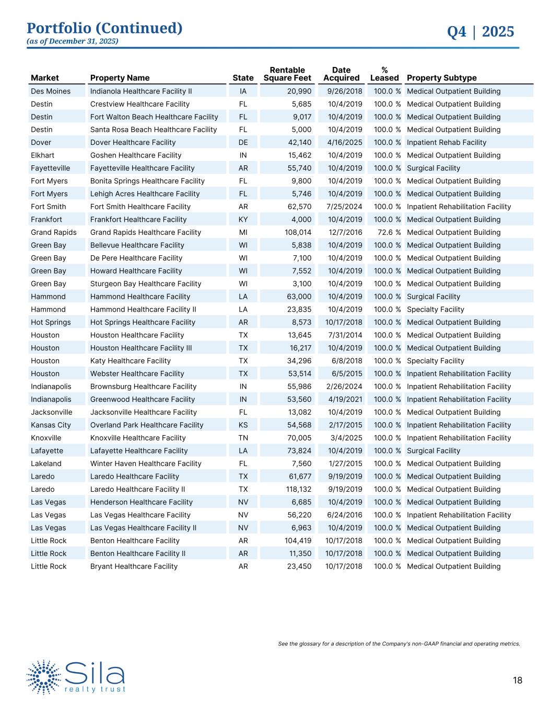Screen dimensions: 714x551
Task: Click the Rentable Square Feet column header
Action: tap(287, 74)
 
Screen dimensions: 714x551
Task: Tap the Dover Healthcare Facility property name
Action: tap(133, 142)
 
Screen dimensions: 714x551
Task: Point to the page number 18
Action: tap(517, 680)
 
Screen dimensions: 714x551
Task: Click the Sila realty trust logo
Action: tap(76, 677)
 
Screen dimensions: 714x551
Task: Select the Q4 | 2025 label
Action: tap(480, 32)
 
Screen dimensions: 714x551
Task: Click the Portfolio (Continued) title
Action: tap(104, 28)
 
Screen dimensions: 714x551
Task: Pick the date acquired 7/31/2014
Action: tap(344, 335)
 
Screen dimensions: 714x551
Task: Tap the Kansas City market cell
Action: tap(51, 425)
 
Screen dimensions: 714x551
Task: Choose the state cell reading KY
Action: tap(243, 219)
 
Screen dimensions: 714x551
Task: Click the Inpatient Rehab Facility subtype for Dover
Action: tap(446, 142)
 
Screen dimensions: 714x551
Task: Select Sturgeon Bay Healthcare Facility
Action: tap(145, 284)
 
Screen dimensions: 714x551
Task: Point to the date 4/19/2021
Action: tap(344, 399)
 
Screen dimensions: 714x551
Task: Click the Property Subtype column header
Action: tap(441, 78)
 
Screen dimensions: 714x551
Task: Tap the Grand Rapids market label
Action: tap(53, 232)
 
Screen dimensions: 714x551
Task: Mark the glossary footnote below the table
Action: tap(398, 643)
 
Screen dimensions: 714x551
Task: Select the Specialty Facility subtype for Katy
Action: tap(435, 360)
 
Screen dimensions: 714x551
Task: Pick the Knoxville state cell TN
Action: tap(243, 438)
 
